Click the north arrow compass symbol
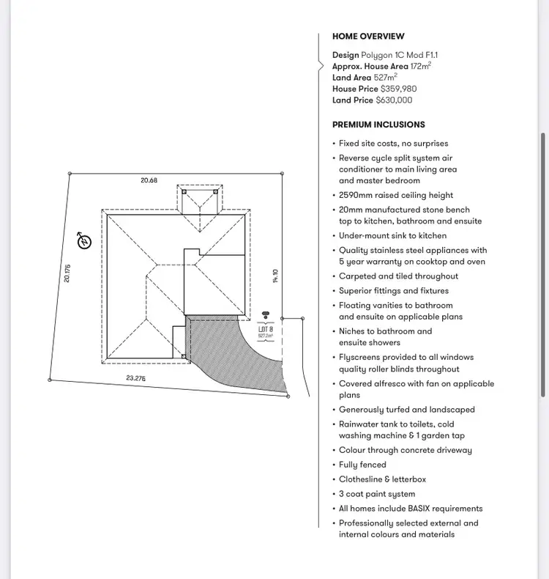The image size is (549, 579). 85,241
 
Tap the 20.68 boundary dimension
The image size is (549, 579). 149,180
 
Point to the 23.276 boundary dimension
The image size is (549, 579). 135,378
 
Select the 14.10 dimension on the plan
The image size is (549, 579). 276,276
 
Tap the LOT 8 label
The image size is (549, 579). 265,329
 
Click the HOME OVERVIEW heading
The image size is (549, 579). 368,37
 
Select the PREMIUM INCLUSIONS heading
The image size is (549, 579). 378,125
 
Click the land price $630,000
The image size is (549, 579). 394,100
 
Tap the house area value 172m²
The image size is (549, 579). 420,66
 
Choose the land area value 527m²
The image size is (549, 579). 386,77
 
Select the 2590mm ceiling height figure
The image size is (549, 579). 356,196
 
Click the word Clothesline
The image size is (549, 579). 360,479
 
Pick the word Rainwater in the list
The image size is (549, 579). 360,424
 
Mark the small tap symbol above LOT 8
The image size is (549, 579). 265,315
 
